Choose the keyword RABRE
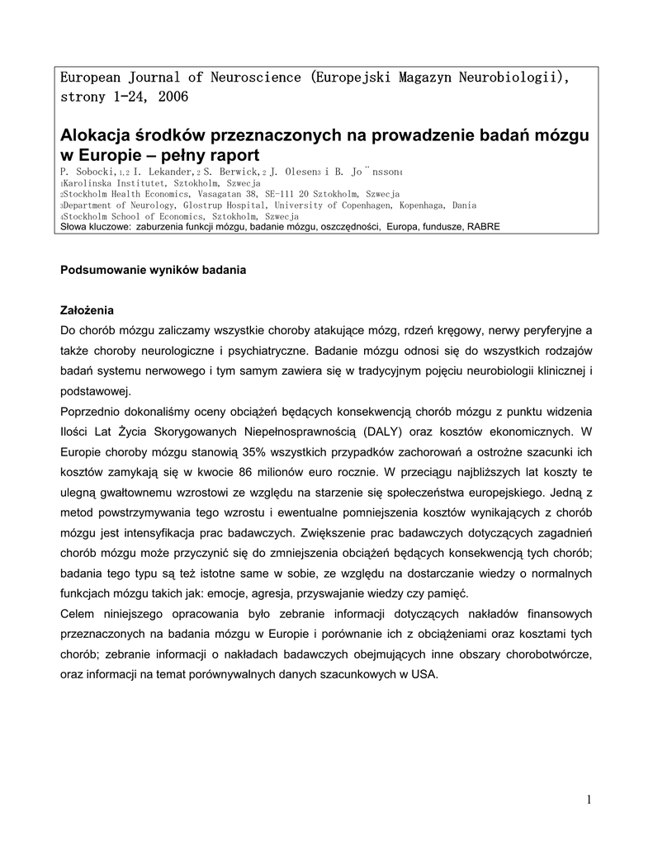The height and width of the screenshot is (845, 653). click(x=483, y=226)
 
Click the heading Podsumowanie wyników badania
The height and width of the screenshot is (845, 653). click(x=154, y=270)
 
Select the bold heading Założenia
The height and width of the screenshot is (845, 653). click(x=87, y=311)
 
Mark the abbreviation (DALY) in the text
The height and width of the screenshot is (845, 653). click(x=381, y=431)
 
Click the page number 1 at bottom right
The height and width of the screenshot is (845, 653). click(x=589, y=799)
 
